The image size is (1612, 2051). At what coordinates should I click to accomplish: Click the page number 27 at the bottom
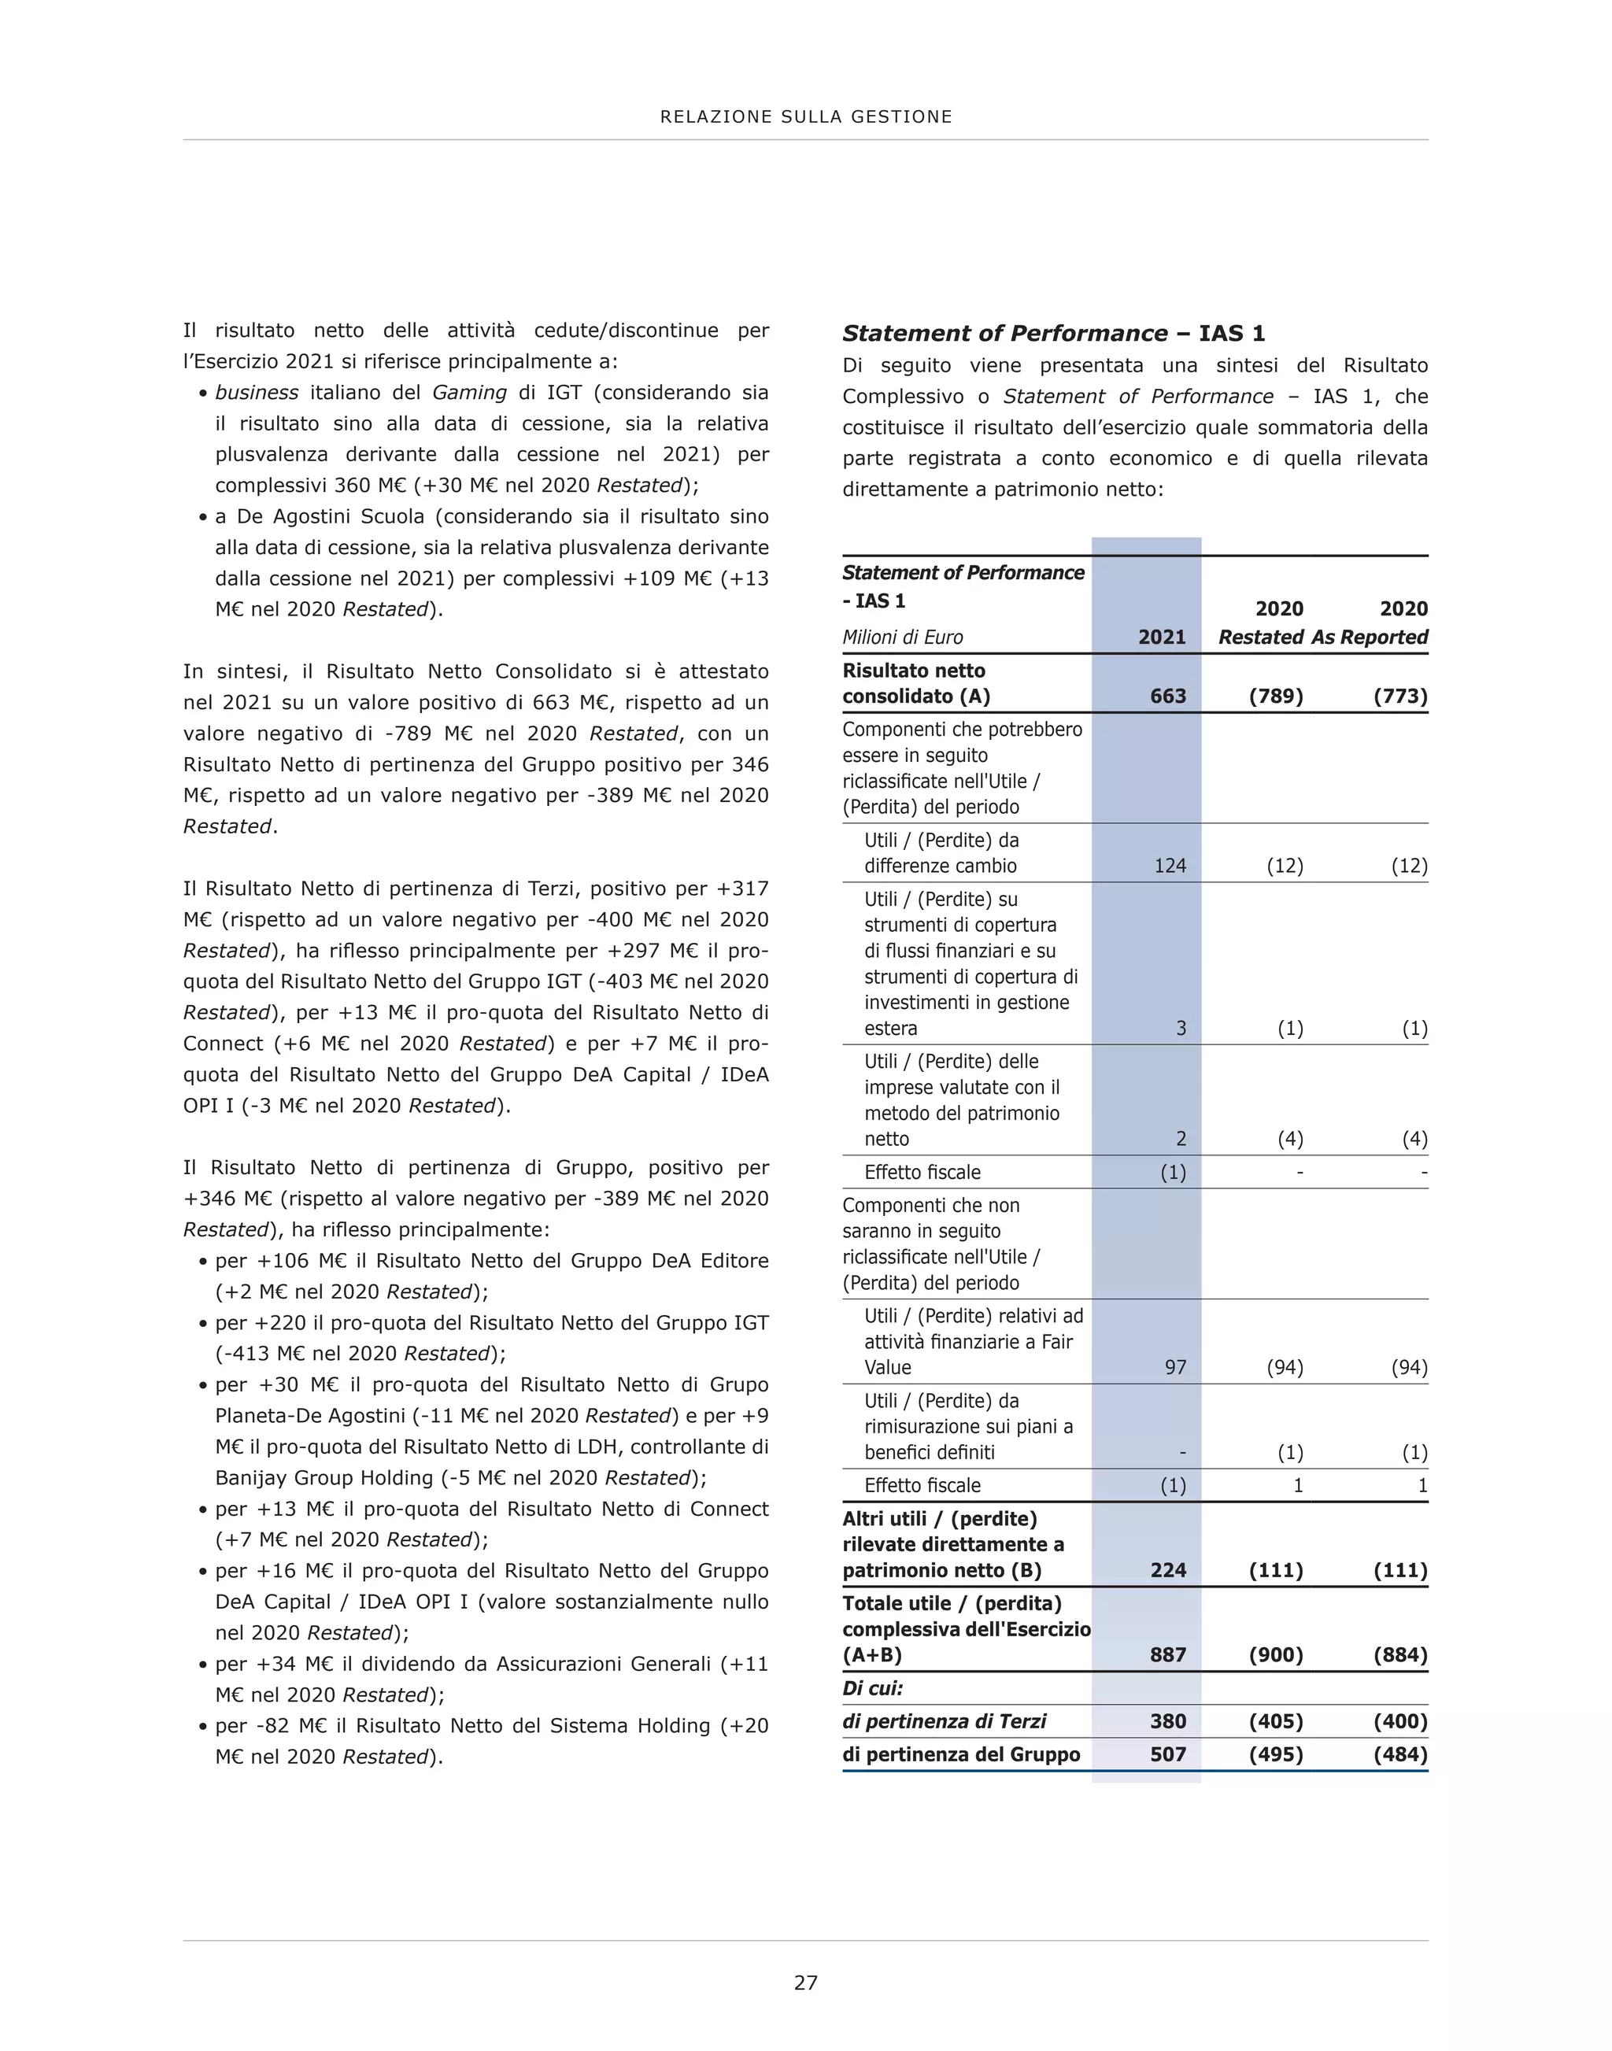click(x=805, y=1982)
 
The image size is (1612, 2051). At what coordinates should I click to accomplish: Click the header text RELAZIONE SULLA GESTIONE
click(x=806, y=117)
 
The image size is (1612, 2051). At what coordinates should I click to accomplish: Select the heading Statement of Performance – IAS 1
click(x=1053, y=333)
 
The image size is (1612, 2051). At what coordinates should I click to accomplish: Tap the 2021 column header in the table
click(x=1161, y=637)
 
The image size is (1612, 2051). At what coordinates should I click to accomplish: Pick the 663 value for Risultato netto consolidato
click(x=1167, y=697)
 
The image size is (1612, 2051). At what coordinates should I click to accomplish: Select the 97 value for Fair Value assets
click(x=1175, y=1368)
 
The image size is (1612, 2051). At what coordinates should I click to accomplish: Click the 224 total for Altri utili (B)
click(x=1167, y=1571)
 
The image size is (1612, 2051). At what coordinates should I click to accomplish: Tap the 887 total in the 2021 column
click(x=1167, y=1656)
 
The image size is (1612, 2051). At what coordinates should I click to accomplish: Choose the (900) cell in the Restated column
click(x=1276, y=1656)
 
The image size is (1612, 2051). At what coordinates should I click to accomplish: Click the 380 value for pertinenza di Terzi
click(x=1167, y=1721)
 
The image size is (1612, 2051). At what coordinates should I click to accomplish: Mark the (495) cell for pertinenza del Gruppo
click(x=1276, y=1754)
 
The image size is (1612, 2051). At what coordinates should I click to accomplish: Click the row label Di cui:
click(x=872, y=1688)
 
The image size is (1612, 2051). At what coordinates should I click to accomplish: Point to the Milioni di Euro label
click(x=902, y=637)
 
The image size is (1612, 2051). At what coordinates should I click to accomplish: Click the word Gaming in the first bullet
click(x=469, y=393)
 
